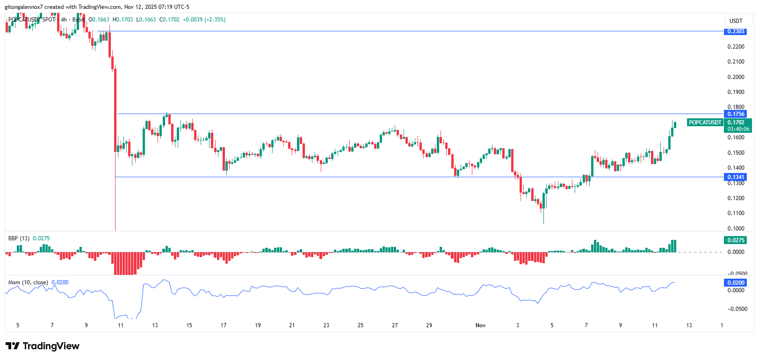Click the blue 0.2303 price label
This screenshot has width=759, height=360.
(x=736, y=31)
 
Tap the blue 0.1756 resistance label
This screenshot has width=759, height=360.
(x=736, y=114)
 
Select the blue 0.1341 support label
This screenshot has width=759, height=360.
(x=736, y=177)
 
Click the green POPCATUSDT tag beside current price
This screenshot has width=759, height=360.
(x=705, y=122)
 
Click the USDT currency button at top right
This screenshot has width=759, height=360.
(x=736, y=21)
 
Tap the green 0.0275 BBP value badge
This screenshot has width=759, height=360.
(x=736, y=240)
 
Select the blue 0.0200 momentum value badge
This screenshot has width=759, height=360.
(x=736, y=283)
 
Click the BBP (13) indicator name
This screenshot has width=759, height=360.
(x=19, y=238)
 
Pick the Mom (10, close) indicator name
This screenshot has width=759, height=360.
(x=28, y=282)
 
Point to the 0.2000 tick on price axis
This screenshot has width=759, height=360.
(x=736, y=77)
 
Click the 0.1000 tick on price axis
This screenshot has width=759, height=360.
(x=736, y=229)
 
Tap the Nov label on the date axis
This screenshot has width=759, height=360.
(x=480, y=325)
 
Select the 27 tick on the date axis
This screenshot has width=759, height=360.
(x=395, y=325)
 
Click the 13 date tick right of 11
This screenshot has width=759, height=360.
(x=689, y=325)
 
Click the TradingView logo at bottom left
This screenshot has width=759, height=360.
(x=43, y=346)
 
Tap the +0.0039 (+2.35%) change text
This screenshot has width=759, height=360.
(x=204, y=20)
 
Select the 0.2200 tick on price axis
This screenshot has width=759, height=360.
(x=736, y=47)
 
